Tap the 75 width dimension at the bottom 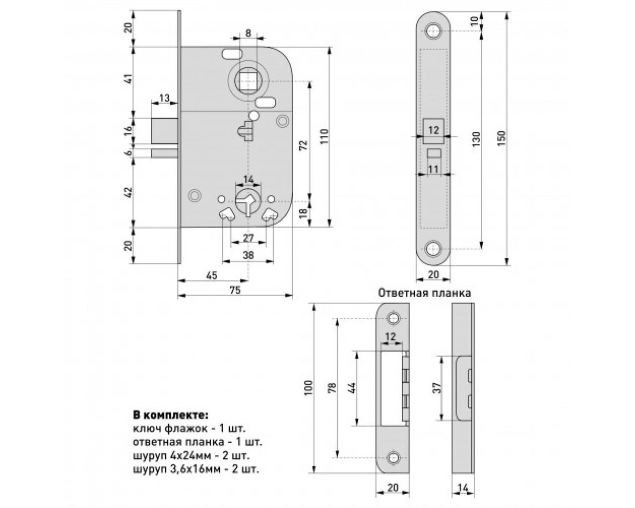pyautogui.click(x=235, y=290)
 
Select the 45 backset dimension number pyautogui.click(x=211, y=276)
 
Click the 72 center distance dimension pyautogui.click(x=304, y=145)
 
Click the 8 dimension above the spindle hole pyautogui.click(x=248, y=33)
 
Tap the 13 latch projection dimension pyautogui.click(x=165, y=98)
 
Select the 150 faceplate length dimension pyautogui.click(x=502, y=138)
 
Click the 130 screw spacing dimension pyautogui.click(x=477, y=139)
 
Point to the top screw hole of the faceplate pyautogui.click(x=434, y=31)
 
